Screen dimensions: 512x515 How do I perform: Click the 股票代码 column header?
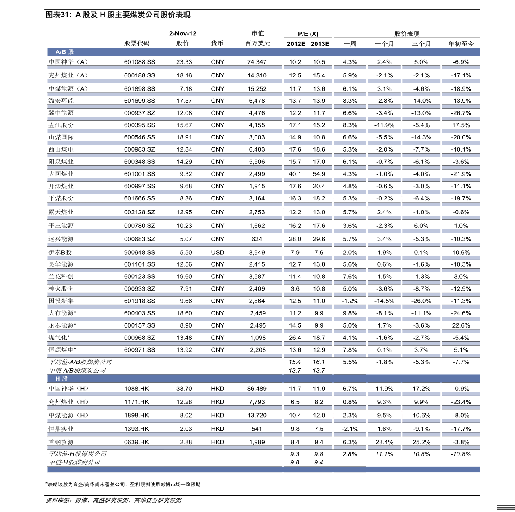click(137, 43)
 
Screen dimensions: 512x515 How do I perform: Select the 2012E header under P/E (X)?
click(296, 44)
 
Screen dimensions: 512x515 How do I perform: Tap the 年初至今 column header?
click(461, 44)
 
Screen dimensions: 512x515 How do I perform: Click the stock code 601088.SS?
click(140, 62)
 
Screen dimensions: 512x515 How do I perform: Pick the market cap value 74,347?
click(257, 62)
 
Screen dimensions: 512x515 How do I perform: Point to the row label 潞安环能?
click(61, 101)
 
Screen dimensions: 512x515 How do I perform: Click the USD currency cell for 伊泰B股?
click(218, 253)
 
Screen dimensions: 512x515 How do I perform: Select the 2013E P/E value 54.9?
click(319, 174)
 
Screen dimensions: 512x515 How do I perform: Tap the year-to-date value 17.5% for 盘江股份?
click(461, 125)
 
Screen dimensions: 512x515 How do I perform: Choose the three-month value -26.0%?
click(421, 301)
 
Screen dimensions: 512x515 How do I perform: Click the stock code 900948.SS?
click(140, 253)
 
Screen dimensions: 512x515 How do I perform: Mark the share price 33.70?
click(184, 389)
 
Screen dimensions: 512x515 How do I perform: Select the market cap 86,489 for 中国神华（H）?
click(257, 389)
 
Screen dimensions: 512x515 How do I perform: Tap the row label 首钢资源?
click(61, 442)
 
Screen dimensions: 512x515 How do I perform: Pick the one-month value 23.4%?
click(384, 442)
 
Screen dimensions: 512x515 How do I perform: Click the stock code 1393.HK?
click(137, 429)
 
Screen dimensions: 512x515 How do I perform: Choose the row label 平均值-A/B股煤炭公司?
click(80, 362)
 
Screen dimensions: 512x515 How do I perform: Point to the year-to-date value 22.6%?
click(461, 325)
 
